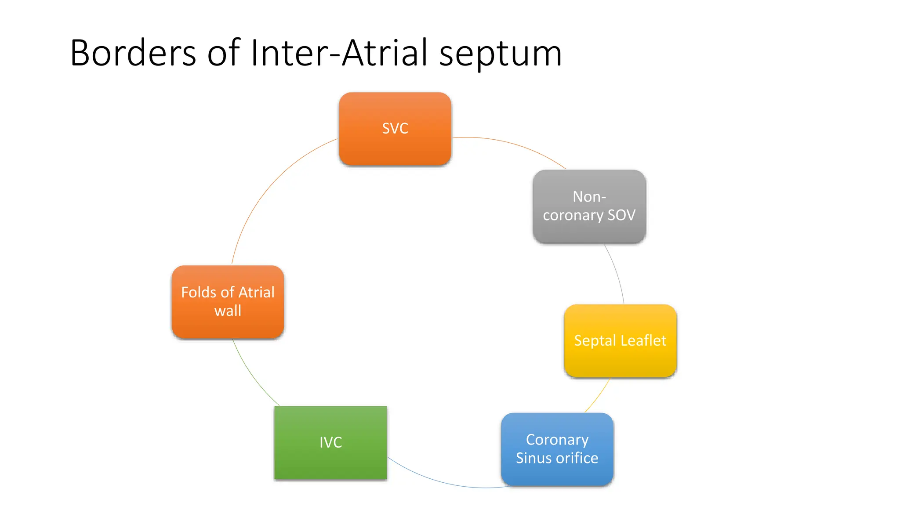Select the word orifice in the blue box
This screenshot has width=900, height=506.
[x=581, y=458]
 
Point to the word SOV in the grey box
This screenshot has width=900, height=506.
[x=621, y=215]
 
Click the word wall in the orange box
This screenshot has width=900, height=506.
[x=228, y=311]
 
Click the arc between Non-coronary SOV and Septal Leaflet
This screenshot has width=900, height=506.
[x=617, y=272]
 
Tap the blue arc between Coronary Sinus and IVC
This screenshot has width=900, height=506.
[x=439, y=481]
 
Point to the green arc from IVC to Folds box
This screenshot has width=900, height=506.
[x=251, y=377]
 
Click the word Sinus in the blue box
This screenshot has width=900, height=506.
[x=532, y=458]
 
